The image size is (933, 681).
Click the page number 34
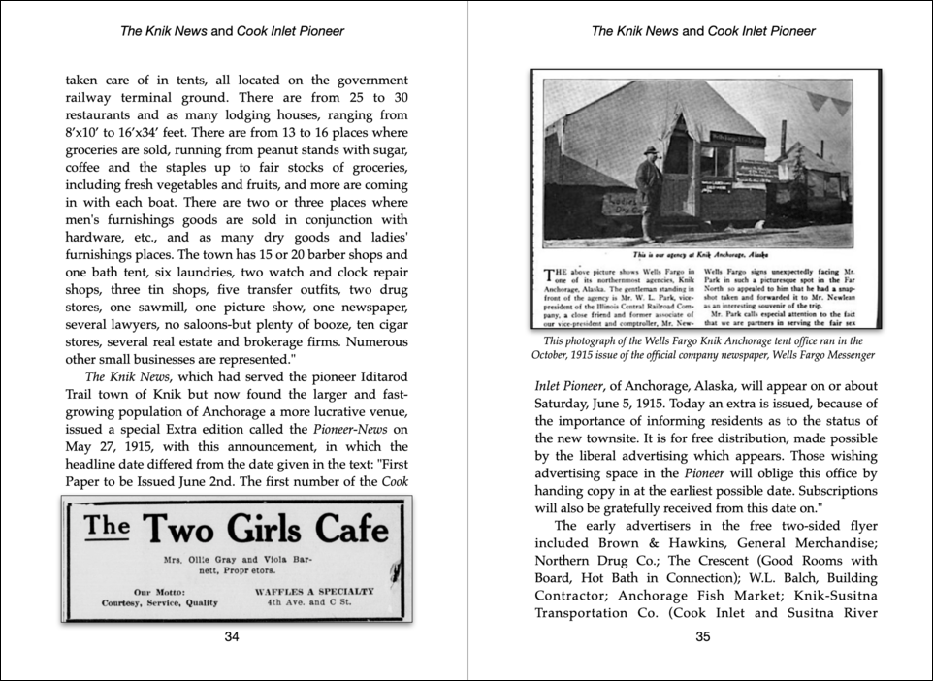pyautogui.click(x=232, y=636)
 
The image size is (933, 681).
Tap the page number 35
pyautogui.click(x=703, y=636)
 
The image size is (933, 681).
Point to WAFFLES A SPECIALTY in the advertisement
pyautogui.click(x=313, y=590)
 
